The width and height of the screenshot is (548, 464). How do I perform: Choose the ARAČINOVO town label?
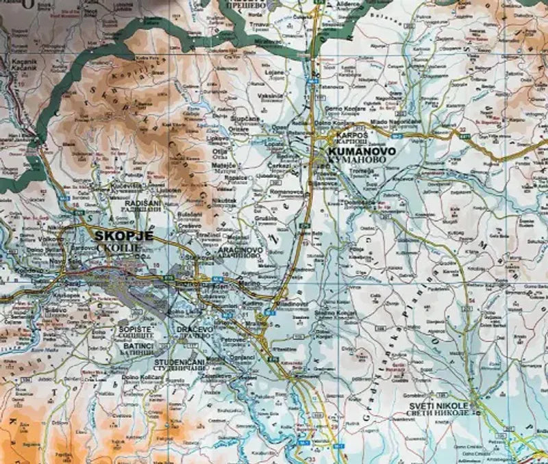pyautogui.click(x=239, y=250)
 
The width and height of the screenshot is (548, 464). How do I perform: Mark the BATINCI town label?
pyautogui.click(x=129, y=347)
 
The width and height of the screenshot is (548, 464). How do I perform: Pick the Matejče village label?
pyautogui.click(x=223, y=165)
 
